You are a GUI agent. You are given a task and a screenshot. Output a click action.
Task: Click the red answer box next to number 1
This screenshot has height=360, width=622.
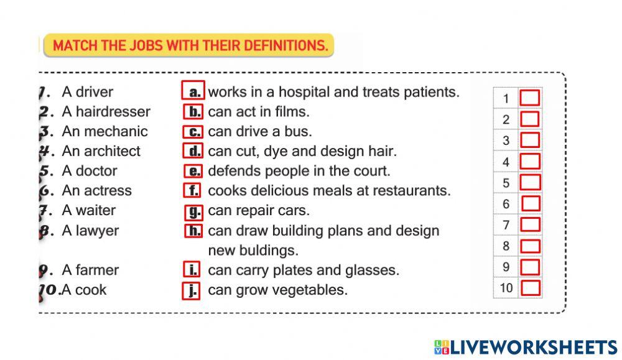[529, 98]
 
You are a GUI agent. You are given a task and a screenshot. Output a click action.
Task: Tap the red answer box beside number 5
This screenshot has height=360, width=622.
[529, 182]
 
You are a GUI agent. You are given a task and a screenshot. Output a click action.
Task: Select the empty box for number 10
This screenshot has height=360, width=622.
[530, 288]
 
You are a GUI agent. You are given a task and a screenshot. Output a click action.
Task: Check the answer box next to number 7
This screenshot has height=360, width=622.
[529, 224]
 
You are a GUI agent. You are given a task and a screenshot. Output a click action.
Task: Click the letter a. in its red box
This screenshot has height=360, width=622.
[193, 92]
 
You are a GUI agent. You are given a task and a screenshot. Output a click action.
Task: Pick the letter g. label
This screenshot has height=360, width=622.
[194, 211]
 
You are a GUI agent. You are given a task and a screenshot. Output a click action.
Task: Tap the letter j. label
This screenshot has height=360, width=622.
[192, 290]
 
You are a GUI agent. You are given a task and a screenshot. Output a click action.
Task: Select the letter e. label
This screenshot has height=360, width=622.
[193, 171]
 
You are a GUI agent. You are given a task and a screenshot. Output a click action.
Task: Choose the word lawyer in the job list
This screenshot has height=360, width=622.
[97, 231]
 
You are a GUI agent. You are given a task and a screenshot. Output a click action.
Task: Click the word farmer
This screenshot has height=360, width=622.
[97, 270]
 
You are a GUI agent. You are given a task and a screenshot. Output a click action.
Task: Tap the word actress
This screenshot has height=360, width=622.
[107, 190]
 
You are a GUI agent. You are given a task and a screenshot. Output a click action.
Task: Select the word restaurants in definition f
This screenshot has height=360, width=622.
[414, 191]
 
